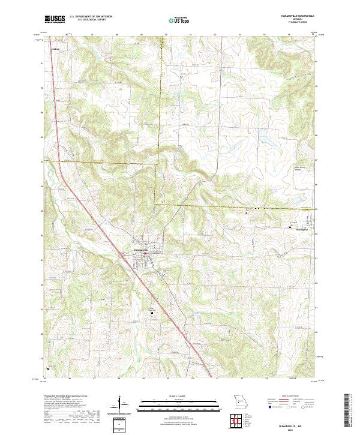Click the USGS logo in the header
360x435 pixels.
click(55, 19)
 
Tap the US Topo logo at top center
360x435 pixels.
click(175, 20)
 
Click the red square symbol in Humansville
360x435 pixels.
click(145, 253)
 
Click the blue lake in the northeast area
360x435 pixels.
click(264, 141)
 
